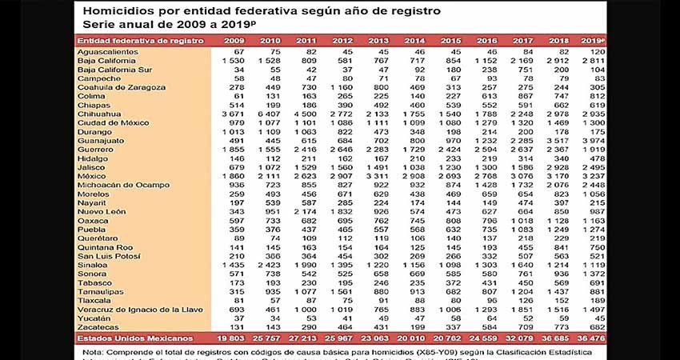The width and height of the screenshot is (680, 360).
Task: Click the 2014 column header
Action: (x=414, y=39)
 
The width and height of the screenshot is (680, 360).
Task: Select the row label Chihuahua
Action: (x=102, y=114)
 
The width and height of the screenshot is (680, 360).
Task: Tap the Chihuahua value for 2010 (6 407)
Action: (x=266, y=114)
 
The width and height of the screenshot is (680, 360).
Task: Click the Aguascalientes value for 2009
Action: (x=234, y=52)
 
